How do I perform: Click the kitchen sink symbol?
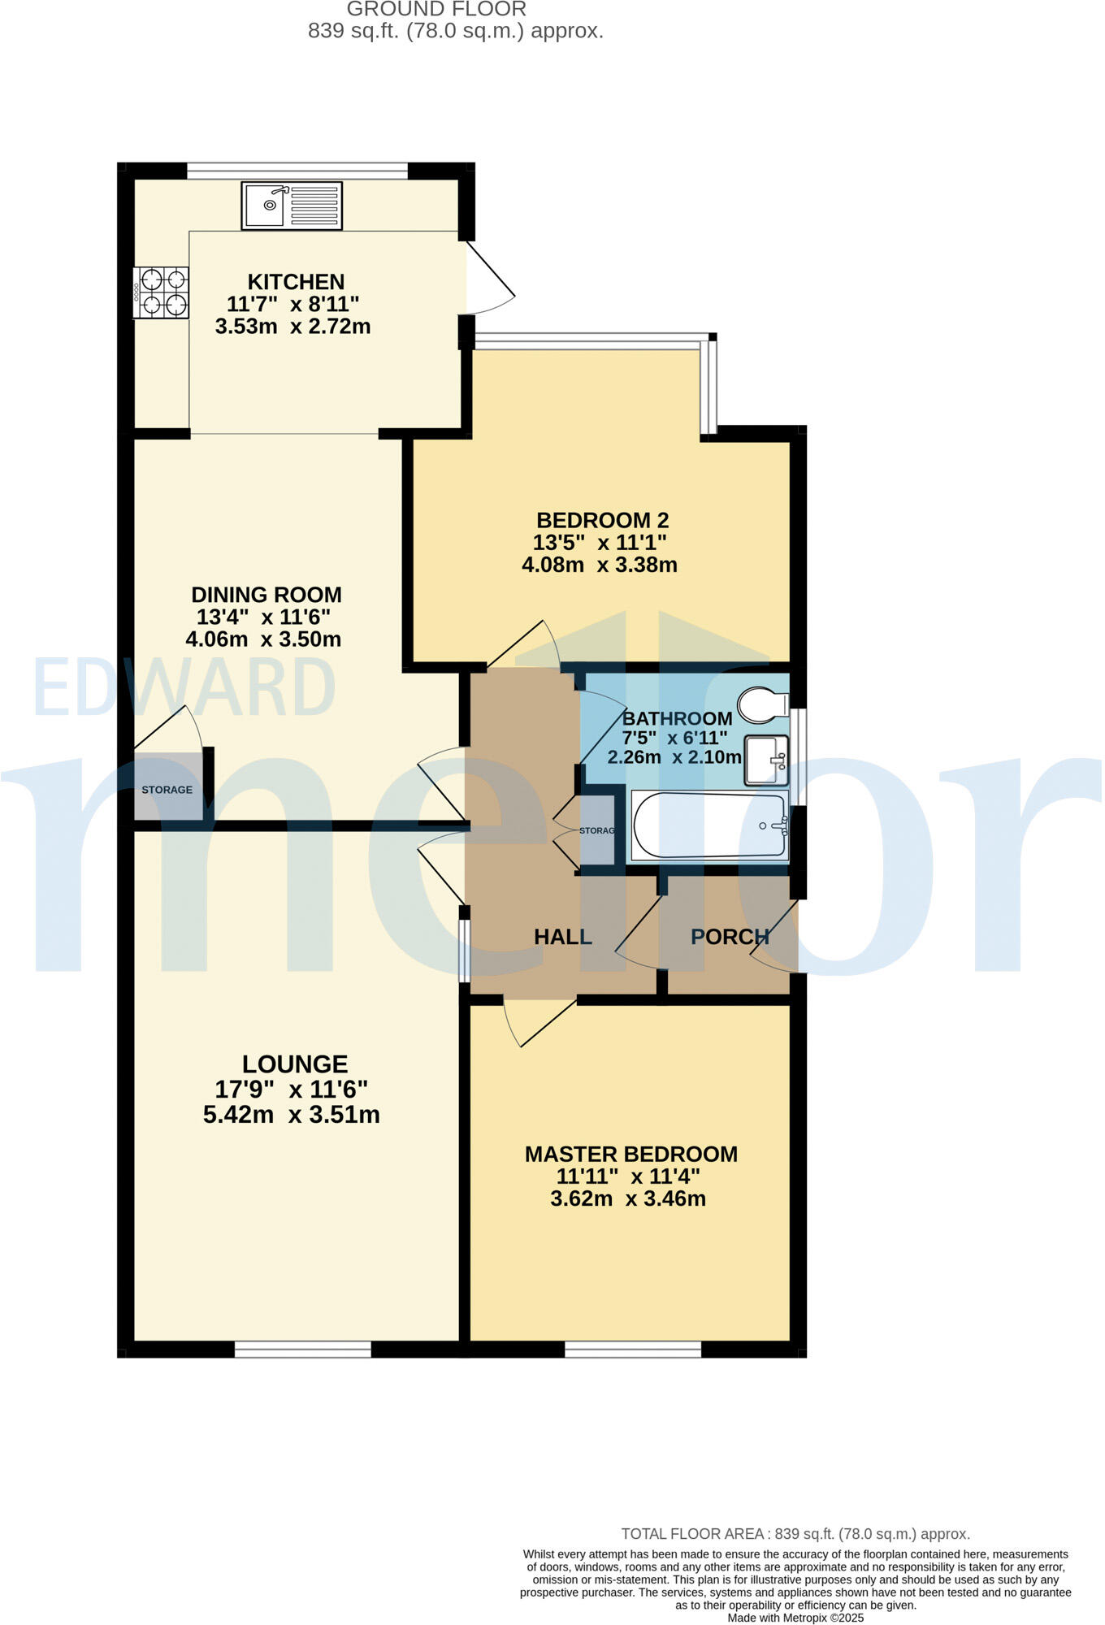click(292, 206)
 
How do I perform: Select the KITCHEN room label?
click(296, 282)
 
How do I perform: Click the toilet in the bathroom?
click(762, 705)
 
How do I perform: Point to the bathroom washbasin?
click(766, 760)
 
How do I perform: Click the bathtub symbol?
click(709, 825)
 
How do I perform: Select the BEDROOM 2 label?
click(602, 520)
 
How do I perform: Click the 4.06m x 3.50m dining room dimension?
click(263, 639)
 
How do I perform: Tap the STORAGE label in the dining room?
click(167, 790)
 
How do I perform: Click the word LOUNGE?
click(295, 1064)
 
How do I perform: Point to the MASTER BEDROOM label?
click(630, 1154)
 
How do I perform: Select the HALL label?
click(562, 937)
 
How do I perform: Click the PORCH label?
click(730, 937)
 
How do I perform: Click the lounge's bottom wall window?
click(303, 1350)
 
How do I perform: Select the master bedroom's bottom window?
click(633, 1350)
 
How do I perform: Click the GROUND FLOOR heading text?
click(436, 10)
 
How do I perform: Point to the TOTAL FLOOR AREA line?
click(795, 1534)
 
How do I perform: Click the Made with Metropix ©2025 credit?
click(795, 1618)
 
